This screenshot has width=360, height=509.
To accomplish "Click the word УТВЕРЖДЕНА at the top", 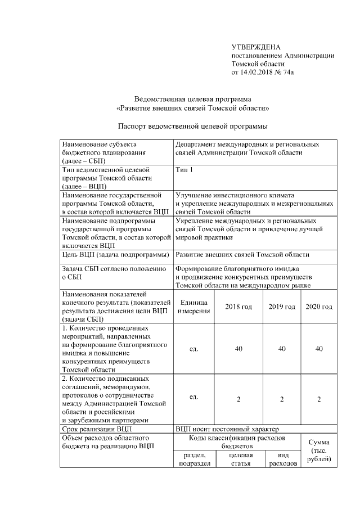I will pos(256,47).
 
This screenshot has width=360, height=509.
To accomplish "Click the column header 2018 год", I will pos(238,307).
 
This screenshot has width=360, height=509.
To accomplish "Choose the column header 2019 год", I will pos(281,307).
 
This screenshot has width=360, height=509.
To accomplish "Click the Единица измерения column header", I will pos(193,307).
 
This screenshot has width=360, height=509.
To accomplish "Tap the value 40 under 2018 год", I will pos(238,349).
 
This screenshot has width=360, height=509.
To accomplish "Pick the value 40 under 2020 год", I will pos(319,349).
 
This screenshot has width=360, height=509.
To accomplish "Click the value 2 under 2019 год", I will pos(281,399).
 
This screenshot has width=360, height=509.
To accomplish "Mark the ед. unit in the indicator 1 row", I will pos(193,349).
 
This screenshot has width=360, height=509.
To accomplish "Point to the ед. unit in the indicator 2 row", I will pos(193,398).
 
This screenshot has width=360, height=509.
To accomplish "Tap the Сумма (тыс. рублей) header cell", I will pos(319,451).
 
